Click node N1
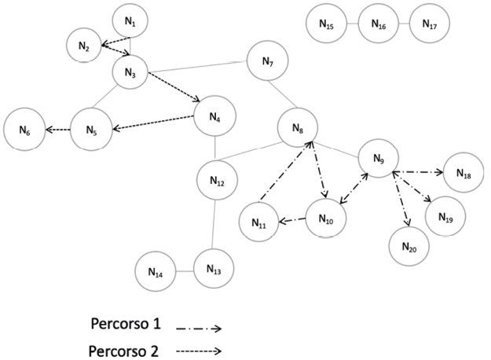[x=130, y=24]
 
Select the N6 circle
[x=24, y=130]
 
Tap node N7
[x=269, y=61]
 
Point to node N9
[x=378, y=160]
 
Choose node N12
[x=218, y=181]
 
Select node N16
[x=378, y=26]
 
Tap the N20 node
[x=409, y=246]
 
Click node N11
[x=259, y=223]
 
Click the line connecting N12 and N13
[x=214, y=223]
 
